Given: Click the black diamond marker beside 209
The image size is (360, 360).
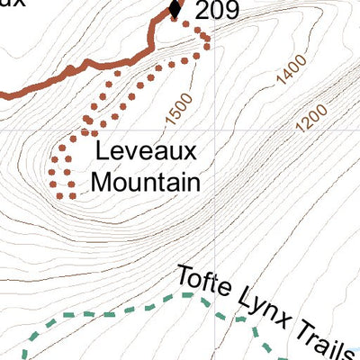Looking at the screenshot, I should point(175,10).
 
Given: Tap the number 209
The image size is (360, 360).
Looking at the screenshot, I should point(212,11).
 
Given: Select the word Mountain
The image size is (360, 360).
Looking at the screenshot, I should point(146,182).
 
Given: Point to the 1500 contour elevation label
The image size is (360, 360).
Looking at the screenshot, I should point(180,110).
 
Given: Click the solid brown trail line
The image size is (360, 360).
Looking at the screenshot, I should point(72,75).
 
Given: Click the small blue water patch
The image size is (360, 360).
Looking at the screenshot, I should point(355,353).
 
